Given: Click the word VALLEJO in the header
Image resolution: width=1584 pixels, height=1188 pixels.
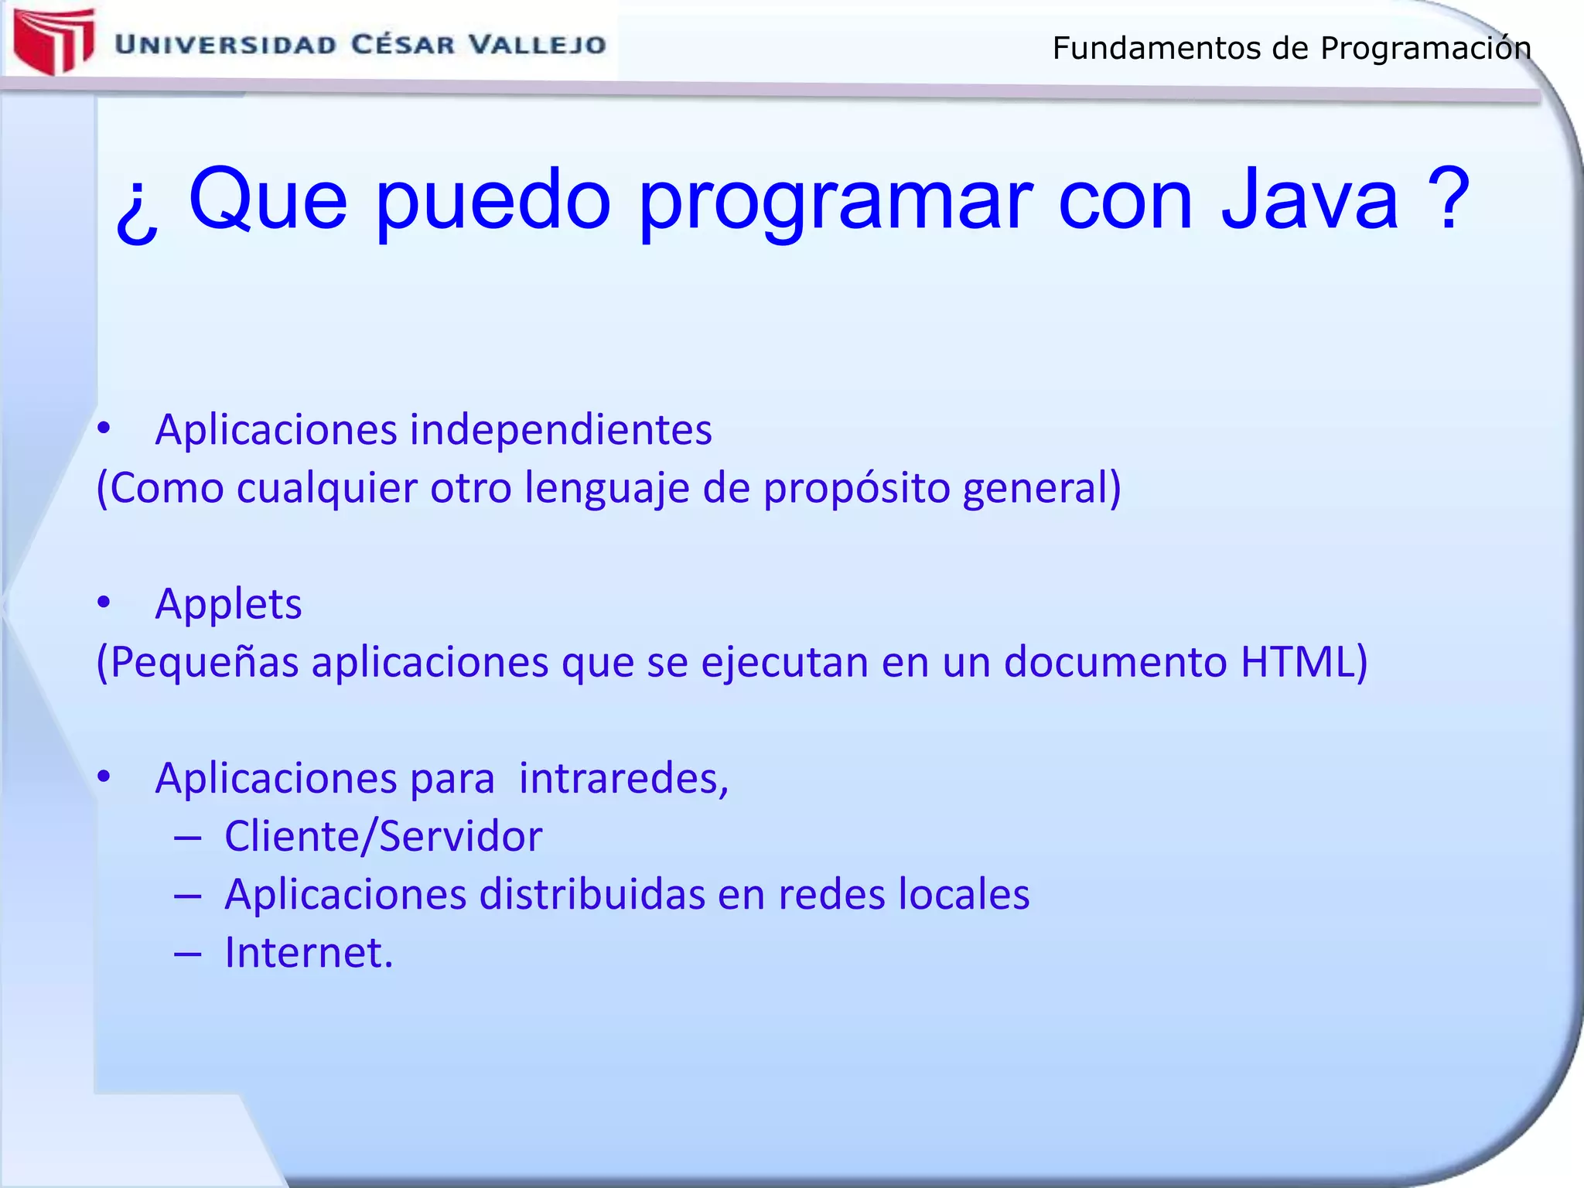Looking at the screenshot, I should pos(538,45).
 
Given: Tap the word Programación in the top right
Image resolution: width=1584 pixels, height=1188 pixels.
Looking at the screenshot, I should pos(1425,49).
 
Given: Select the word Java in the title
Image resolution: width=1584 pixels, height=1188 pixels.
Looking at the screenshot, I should pos(1309,200).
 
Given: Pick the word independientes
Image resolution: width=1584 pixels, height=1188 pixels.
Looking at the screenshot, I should pos(561,429).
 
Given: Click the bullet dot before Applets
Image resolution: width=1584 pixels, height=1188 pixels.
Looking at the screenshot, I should pos(104,602).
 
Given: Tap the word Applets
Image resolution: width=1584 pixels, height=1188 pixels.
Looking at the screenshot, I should pos(228,604).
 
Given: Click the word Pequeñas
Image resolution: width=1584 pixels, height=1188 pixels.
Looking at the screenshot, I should pos(203,663).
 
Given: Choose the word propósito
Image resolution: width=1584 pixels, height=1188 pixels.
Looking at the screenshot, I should pos(856,488).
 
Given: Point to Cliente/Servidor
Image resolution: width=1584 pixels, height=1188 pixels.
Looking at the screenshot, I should pos(383,836).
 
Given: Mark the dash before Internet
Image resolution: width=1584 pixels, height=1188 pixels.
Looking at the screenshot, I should pos(188,954).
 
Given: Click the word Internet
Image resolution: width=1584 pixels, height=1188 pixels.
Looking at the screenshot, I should pos(308,953).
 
